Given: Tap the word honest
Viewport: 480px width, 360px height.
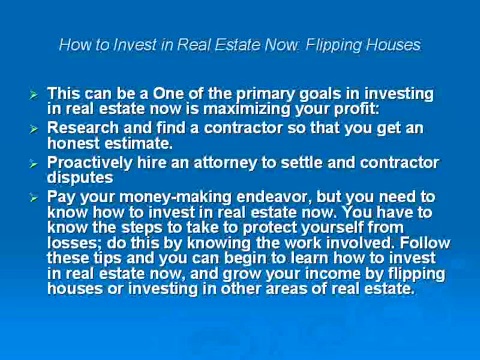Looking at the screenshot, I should coord(77,144).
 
